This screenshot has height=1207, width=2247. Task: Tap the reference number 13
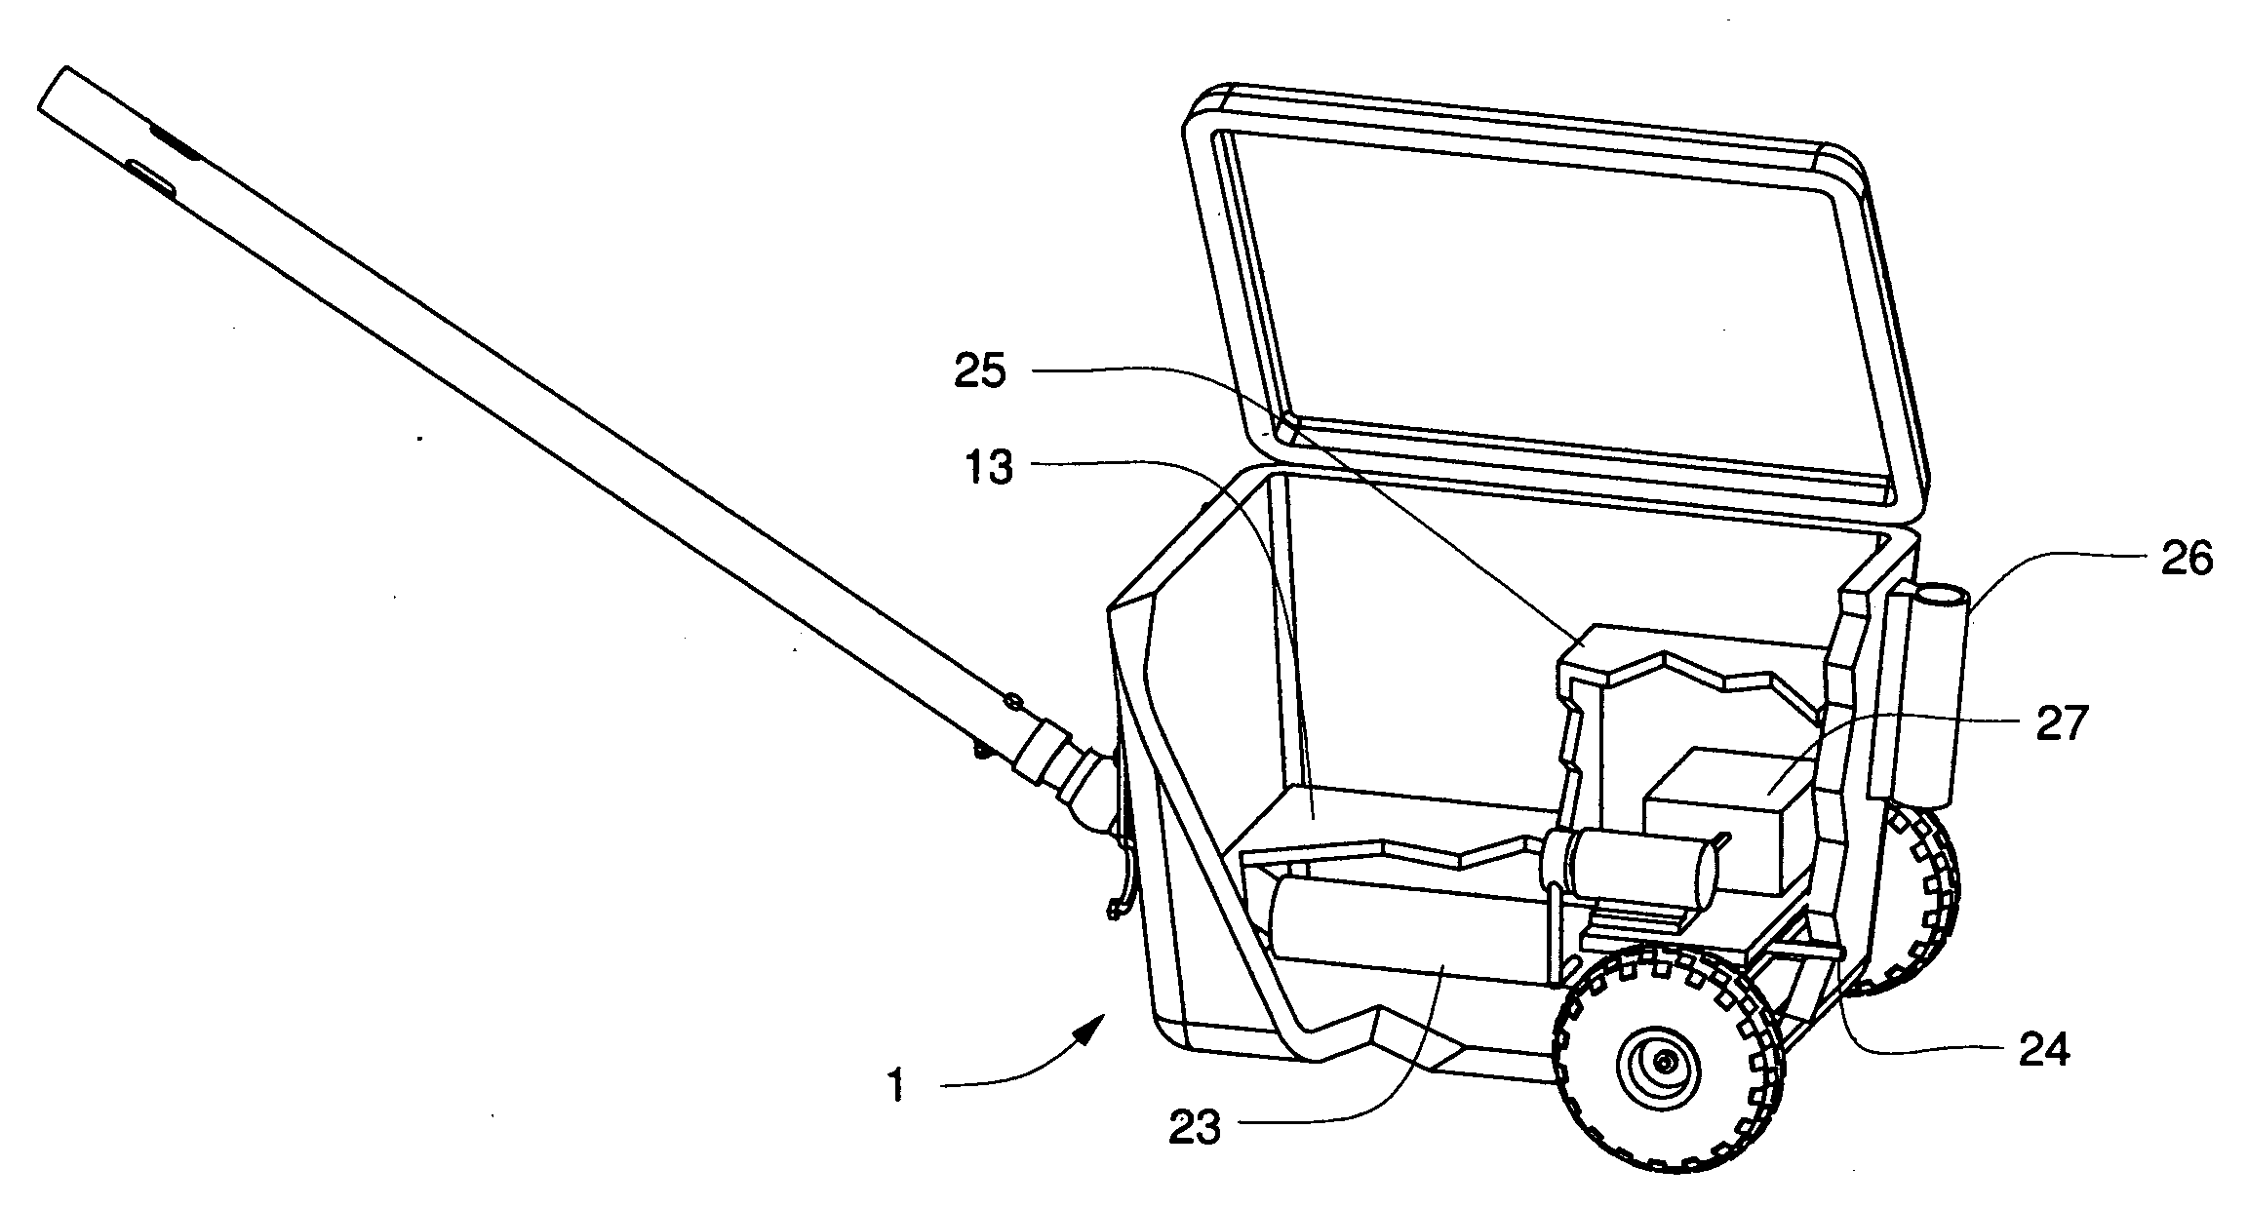[x=990, y=469]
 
